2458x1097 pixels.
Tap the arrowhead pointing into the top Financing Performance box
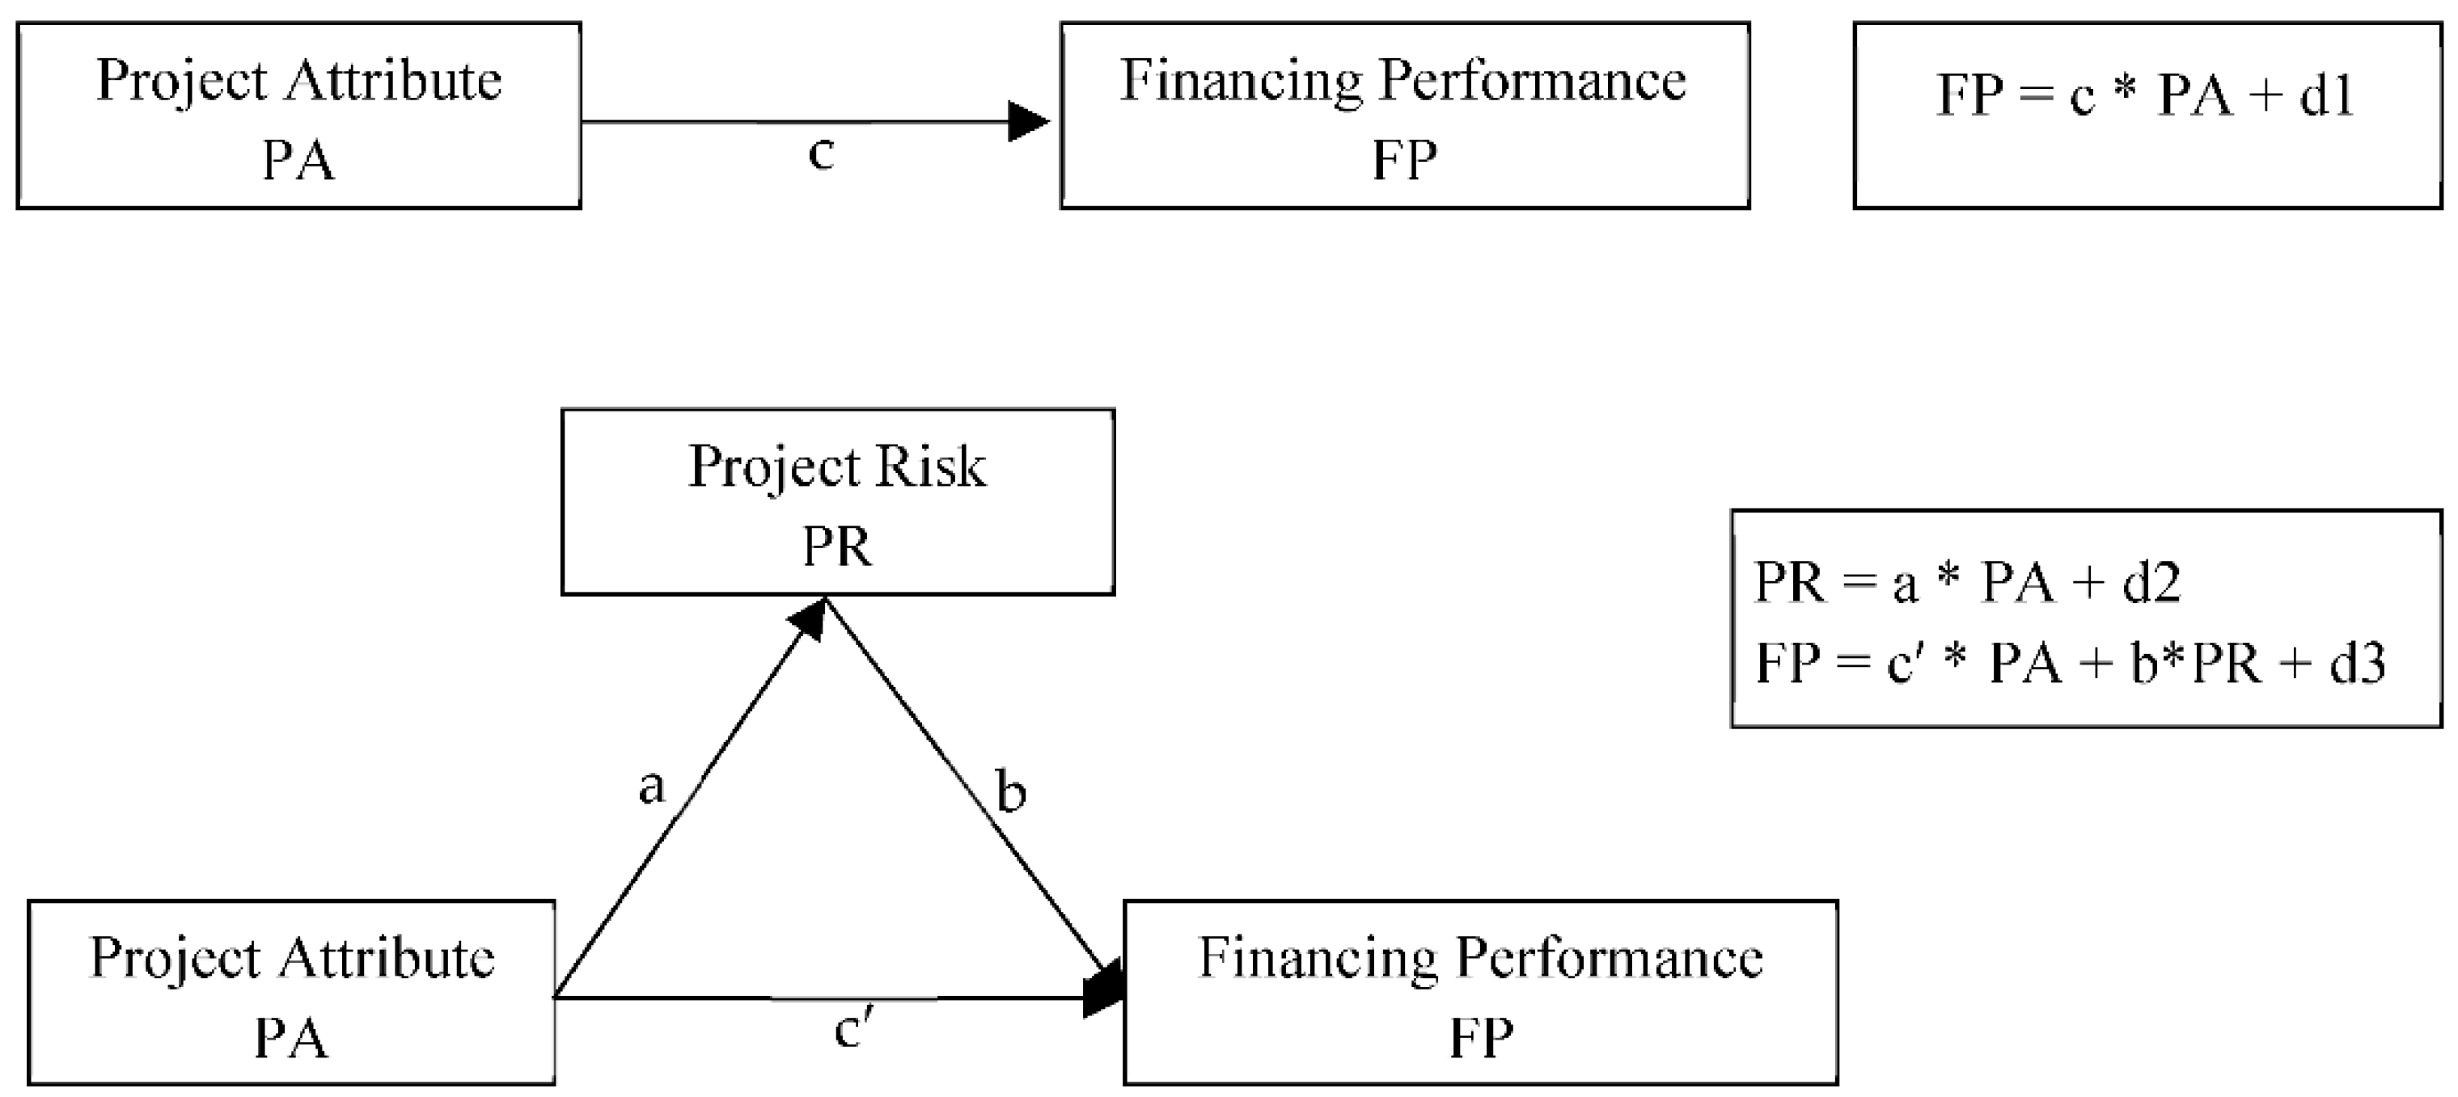pos(1028,122)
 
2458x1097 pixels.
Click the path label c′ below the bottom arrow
pos(853,1030)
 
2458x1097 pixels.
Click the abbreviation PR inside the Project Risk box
pos(837,547)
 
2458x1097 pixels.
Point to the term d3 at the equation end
pos(2357,663)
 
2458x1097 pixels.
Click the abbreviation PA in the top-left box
pos(298,160)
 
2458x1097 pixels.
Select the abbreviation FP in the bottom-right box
pos(1480,1039)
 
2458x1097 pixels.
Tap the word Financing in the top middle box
pos(1241,80)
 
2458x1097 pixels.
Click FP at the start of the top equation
pos(1969,95)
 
